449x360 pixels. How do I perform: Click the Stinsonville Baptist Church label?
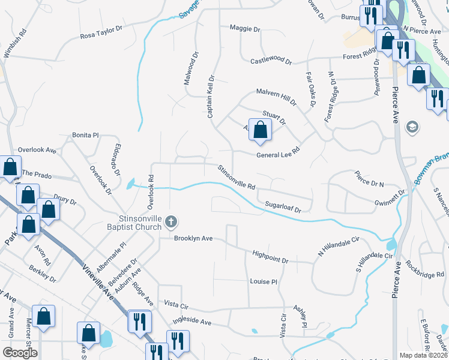pyautogui.click(x=127, y=223)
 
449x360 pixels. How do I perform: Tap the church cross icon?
pyautogui.click(x=171, y=223)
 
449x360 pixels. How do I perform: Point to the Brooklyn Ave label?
pyautogui.click(x=193, y=238)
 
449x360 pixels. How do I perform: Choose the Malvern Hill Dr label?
pyautogui.click(x=276, y=97)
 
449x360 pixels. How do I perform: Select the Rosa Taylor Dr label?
pyautogui.click(x=101, y=32)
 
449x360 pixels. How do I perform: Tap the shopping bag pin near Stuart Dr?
pyautogui.click(x=260, y=130)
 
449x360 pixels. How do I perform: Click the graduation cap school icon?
pyautogui.click(x=412, y=127)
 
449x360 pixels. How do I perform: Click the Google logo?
pyautogui.click(x=19, y=353)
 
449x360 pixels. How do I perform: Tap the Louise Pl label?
pyautogui.click(x=263, y=281)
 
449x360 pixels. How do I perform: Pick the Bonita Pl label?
pyautogui.click(x=84, y=135)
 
